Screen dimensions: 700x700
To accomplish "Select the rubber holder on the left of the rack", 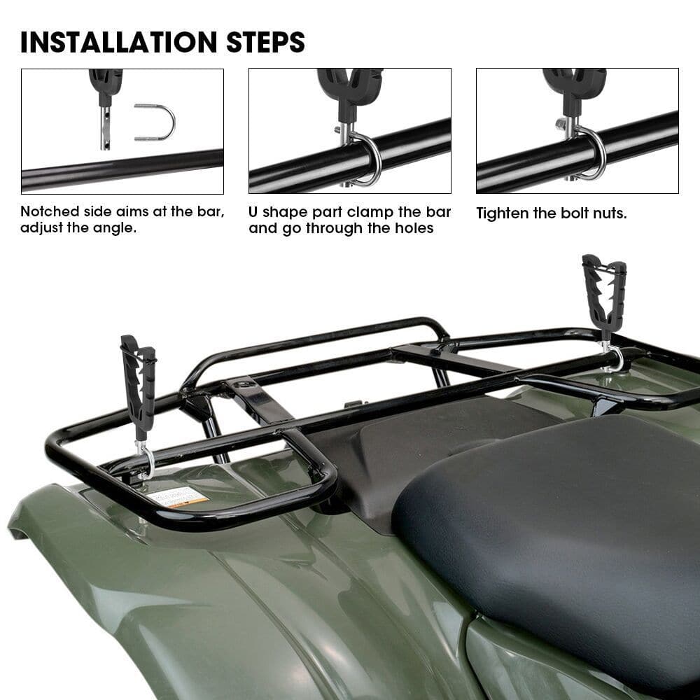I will click(x=139, y=385).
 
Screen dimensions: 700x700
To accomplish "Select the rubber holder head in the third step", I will click(x=574, y=87).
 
